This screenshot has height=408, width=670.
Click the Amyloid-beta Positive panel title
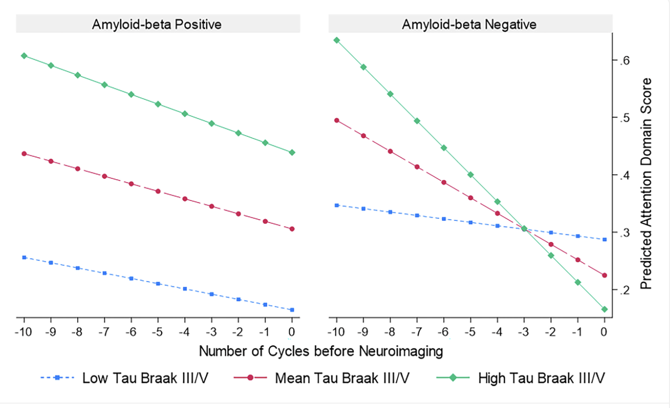157,25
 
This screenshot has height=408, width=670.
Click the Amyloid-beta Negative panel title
469,25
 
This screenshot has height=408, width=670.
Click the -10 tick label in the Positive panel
24,332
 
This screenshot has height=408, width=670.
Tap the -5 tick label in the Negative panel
470,332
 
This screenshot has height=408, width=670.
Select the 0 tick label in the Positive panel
292,332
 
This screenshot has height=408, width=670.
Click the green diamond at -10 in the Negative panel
336,40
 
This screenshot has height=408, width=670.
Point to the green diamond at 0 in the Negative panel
604,309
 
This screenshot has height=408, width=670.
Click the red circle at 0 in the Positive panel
292,229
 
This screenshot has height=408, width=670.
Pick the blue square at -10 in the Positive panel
24,257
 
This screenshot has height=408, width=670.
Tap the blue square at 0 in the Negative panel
604,239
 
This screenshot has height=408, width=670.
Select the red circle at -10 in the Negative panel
336,120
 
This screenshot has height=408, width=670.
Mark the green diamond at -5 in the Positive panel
158,104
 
